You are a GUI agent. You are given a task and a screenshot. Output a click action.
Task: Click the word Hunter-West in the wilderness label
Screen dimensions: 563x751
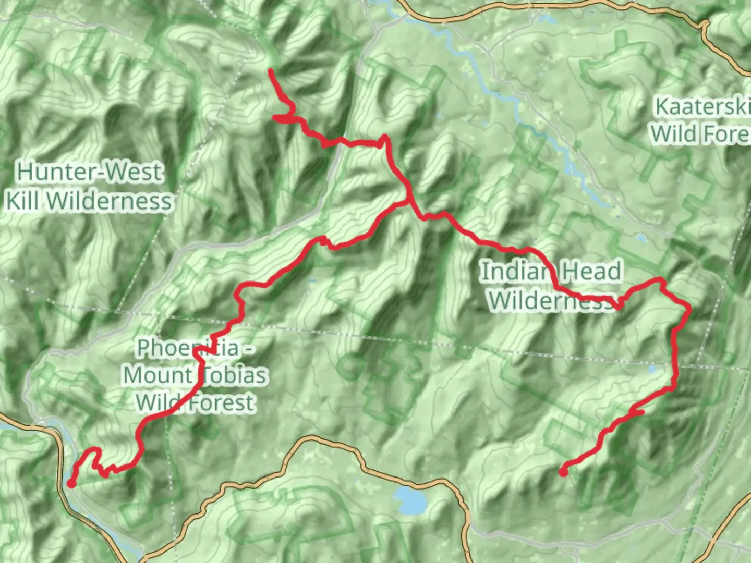[x=90, y=172]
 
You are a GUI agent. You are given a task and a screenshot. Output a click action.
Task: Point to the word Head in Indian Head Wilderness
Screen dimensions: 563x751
[x=592, y=272]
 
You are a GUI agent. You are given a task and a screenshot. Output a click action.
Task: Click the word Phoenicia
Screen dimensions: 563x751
[x=187, y=348]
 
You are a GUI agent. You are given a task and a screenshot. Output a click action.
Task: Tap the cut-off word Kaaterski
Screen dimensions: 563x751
[x=702, y=106]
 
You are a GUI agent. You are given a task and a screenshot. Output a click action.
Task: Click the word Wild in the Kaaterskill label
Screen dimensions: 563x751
[x=676, y=134]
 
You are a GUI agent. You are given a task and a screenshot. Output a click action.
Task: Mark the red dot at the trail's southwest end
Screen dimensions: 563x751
[x=71, y=484]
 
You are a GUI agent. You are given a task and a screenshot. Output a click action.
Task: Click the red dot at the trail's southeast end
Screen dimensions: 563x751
[x=563, y=472]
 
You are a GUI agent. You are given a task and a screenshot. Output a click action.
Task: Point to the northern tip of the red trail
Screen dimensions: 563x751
[x=270, y=70]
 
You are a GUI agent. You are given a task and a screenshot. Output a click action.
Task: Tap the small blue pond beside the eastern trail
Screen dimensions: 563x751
[x=651, y=369]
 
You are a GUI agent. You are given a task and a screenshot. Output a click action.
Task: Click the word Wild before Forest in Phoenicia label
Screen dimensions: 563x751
[x=156, y=402]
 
